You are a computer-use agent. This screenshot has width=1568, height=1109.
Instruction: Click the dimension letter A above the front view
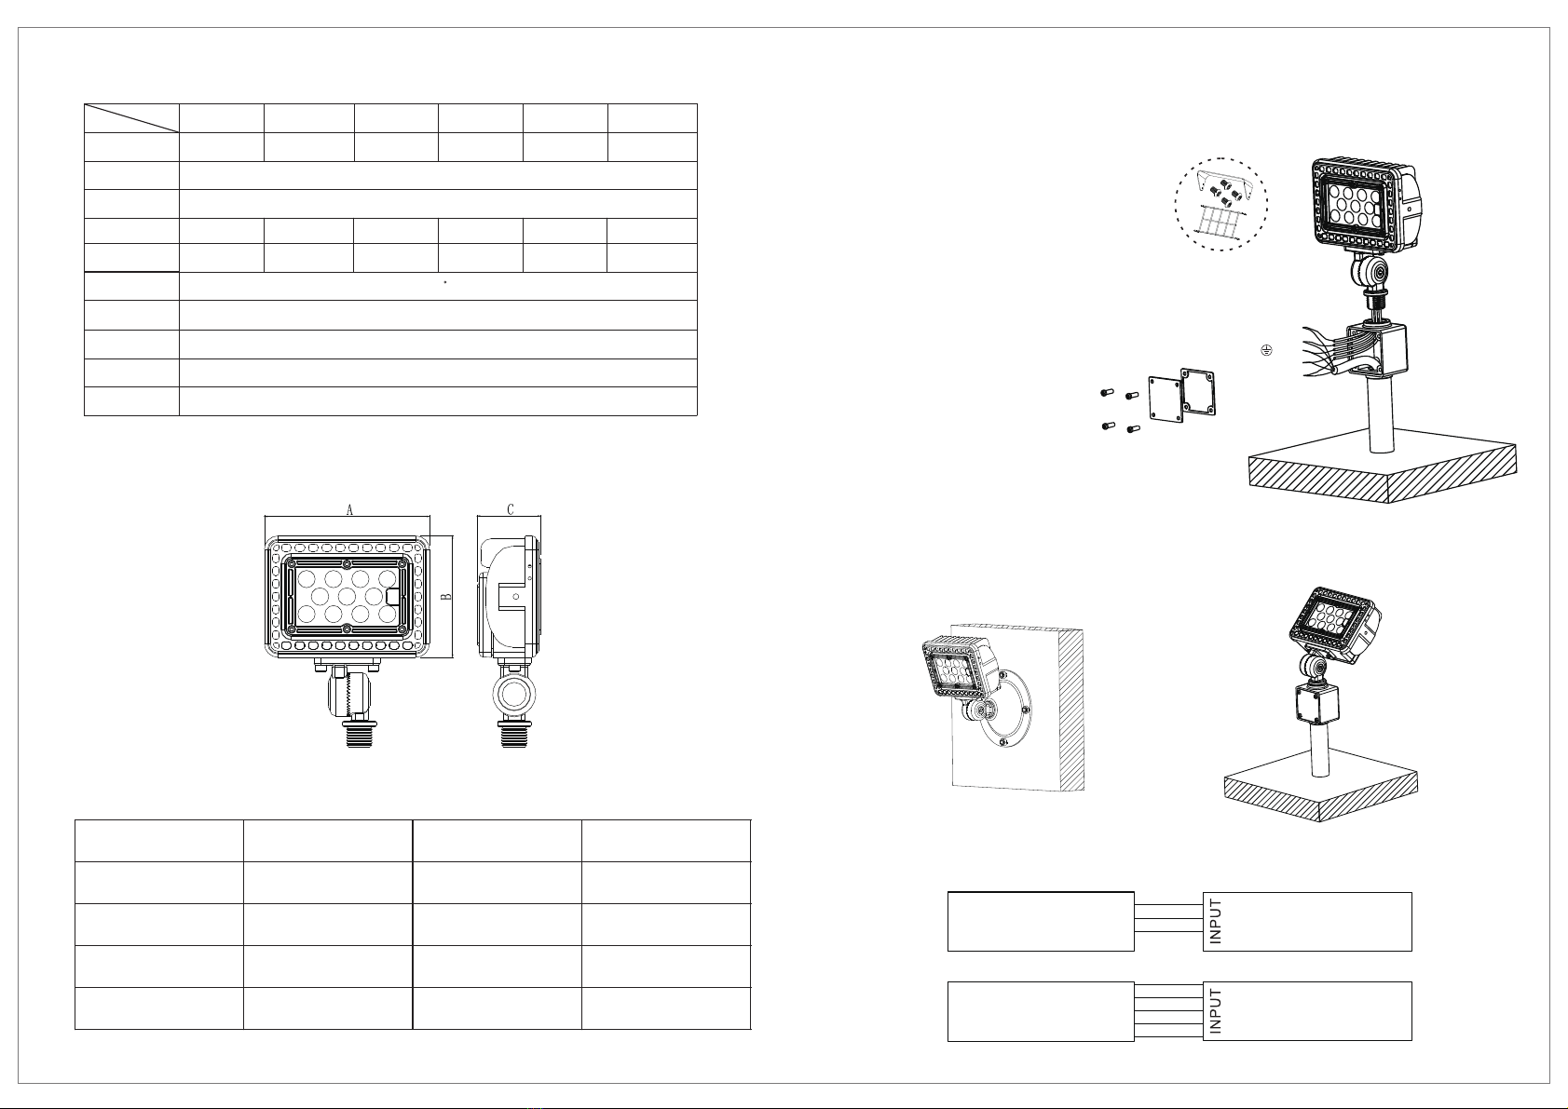click(x=349, y=510)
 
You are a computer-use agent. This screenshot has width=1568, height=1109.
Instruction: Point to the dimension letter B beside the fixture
click(x=446, y=597)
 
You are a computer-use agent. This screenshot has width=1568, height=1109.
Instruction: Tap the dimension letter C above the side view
click(x=511, y=509)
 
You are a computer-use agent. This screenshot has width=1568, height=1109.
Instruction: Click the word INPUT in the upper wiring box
click(x=1215, y=922)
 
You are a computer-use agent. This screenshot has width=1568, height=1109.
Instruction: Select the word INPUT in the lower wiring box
click(x=1215, y=1011)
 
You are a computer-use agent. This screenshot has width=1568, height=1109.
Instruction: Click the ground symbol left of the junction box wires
click(x=1266, y=350)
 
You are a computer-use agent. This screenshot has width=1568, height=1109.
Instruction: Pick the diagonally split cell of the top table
click(x=131, y=118)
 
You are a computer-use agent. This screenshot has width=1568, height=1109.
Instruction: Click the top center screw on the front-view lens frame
click(x=347, y=564)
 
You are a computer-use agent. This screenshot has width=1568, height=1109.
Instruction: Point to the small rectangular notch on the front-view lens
click(x=393, y=596)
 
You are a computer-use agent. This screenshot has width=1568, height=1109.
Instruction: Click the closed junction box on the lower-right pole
click(x=1316, y=704)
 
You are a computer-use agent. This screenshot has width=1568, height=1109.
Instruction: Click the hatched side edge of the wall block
click(x=1071, y=710)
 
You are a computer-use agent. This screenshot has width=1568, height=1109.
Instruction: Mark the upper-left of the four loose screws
click(x=1107, y=393)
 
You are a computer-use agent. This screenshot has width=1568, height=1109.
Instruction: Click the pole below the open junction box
click(x=1381, y=412)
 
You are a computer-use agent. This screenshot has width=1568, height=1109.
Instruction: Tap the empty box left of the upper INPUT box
click(x=1040, y=922)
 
